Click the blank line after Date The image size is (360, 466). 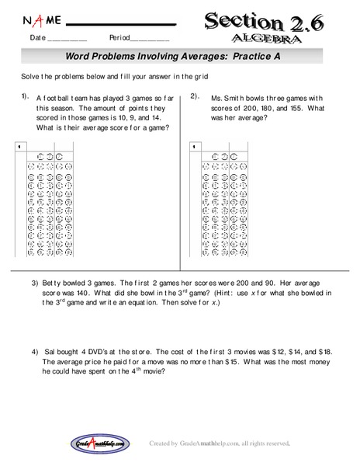[x=68, y=40]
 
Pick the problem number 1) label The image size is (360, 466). [x=26, y=97]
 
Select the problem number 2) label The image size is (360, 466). [x=196, y=97]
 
